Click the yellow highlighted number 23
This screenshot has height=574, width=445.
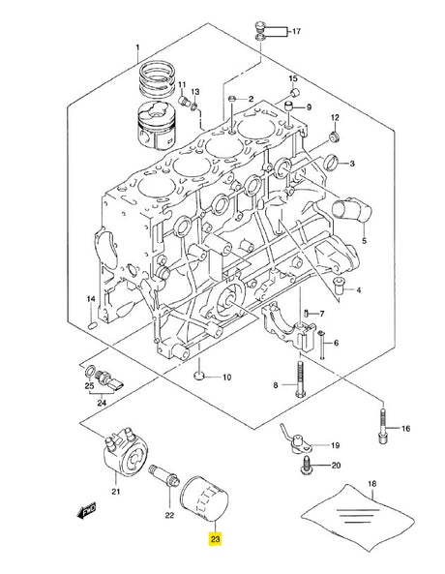pyautogui.click(x=215, y=538)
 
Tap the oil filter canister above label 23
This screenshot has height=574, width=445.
pyautogui.click(x=204, y=498)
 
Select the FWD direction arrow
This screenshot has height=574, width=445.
pyautogui.click(x=87, y=510)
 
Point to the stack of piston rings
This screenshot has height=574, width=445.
pyautogui.click(x=158, y=79)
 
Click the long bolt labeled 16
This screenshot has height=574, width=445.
pyautogui.click(x=382, y=426)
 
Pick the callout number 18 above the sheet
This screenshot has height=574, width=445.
pyautogui.click(x=371, y=484)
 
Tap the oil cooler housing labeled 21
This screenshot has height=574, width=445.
pyautogui.click(x=126, y=453)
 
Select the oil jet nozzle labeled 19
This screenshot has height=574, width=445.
pyautogui.click(x=296, y=441)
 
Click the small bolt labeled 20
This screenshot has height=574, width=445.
pyautogui.click(x=306, y=466)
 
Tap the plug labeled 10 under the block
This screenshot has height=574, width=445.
pyautogui.click(x=198, y=376)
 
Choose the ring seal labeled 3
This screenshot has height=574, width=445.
pyautogui.click(x=331, y=163)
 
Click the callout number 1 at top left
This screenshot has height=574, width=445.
pyautogui.click(x=137, y=47)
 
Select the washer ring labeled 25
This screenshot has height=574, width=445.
pyautogui.click(x=89, y=373)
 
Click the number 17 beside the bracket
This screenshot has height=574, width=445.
pyautogui.click(x=296, y=32)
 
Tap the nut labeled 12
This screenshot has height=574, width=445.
pyautogui.click(x=335, y=137)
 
